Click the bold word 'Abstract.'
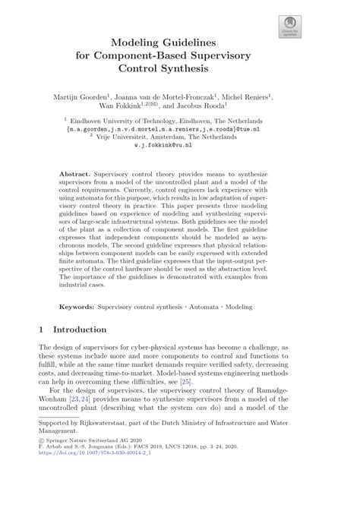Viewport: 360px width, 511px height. [77, 175]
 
